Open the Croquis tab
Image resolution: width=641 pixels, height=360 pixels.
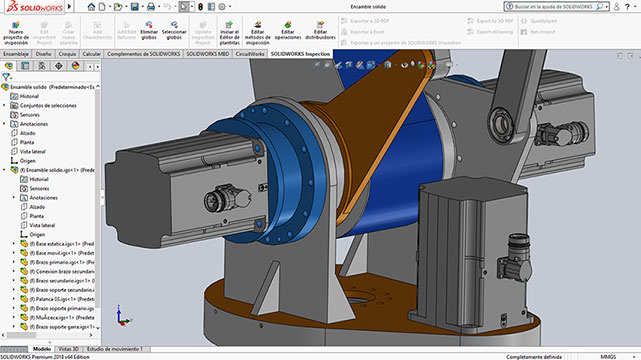tap(68, 54)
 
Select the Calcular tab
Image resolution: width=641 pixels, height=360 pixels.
tap(92, 54)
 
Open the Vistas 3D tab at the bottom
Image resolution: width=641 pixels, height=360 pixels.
tap(69, 348)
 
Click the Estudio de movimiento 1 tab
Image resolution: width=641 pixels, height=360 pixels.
tap(116, 348)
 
